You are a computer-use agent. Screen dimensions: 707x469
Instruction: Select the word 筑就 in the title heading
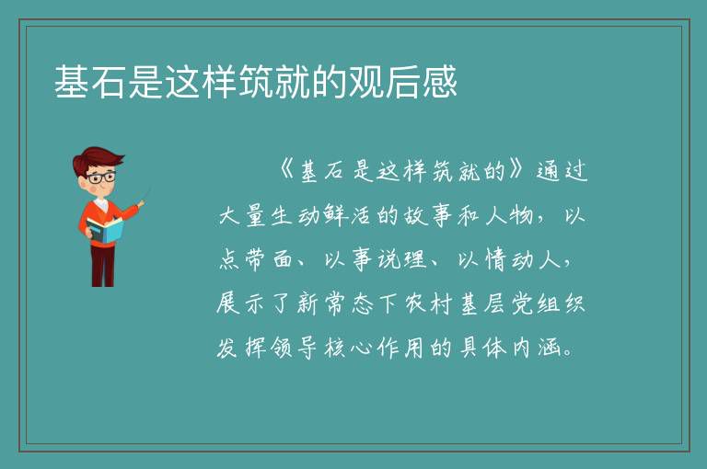(x=274, y=82)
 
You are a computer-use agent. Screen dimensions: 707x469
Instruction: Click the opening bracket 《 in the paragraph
(x=286, y=170)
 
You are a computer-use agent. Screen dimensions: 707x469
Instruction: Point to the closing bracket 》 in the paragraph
(x=516, y=169)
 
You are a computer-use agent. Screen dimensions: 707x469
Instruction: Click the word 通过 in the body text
(x=562, y=171)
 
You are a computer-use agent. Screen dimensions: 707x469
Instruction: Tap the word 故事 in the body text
(x=426, y=215)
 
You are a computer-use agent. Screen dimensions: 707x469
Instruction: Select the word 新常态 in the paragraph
(x=335, y=303)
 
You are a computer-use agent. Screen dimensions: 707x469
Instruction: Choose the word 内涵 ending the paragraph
(x=537, y=348)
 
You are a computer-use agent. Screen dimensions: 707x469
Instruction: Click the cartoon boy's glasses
(x=101, y=177)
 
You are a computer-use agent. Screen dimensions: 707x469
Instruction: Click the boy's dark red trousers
(x=103, y=266)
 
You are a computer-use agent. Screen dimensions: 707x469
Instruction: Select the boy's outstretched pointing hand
(x=141, y=203)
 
